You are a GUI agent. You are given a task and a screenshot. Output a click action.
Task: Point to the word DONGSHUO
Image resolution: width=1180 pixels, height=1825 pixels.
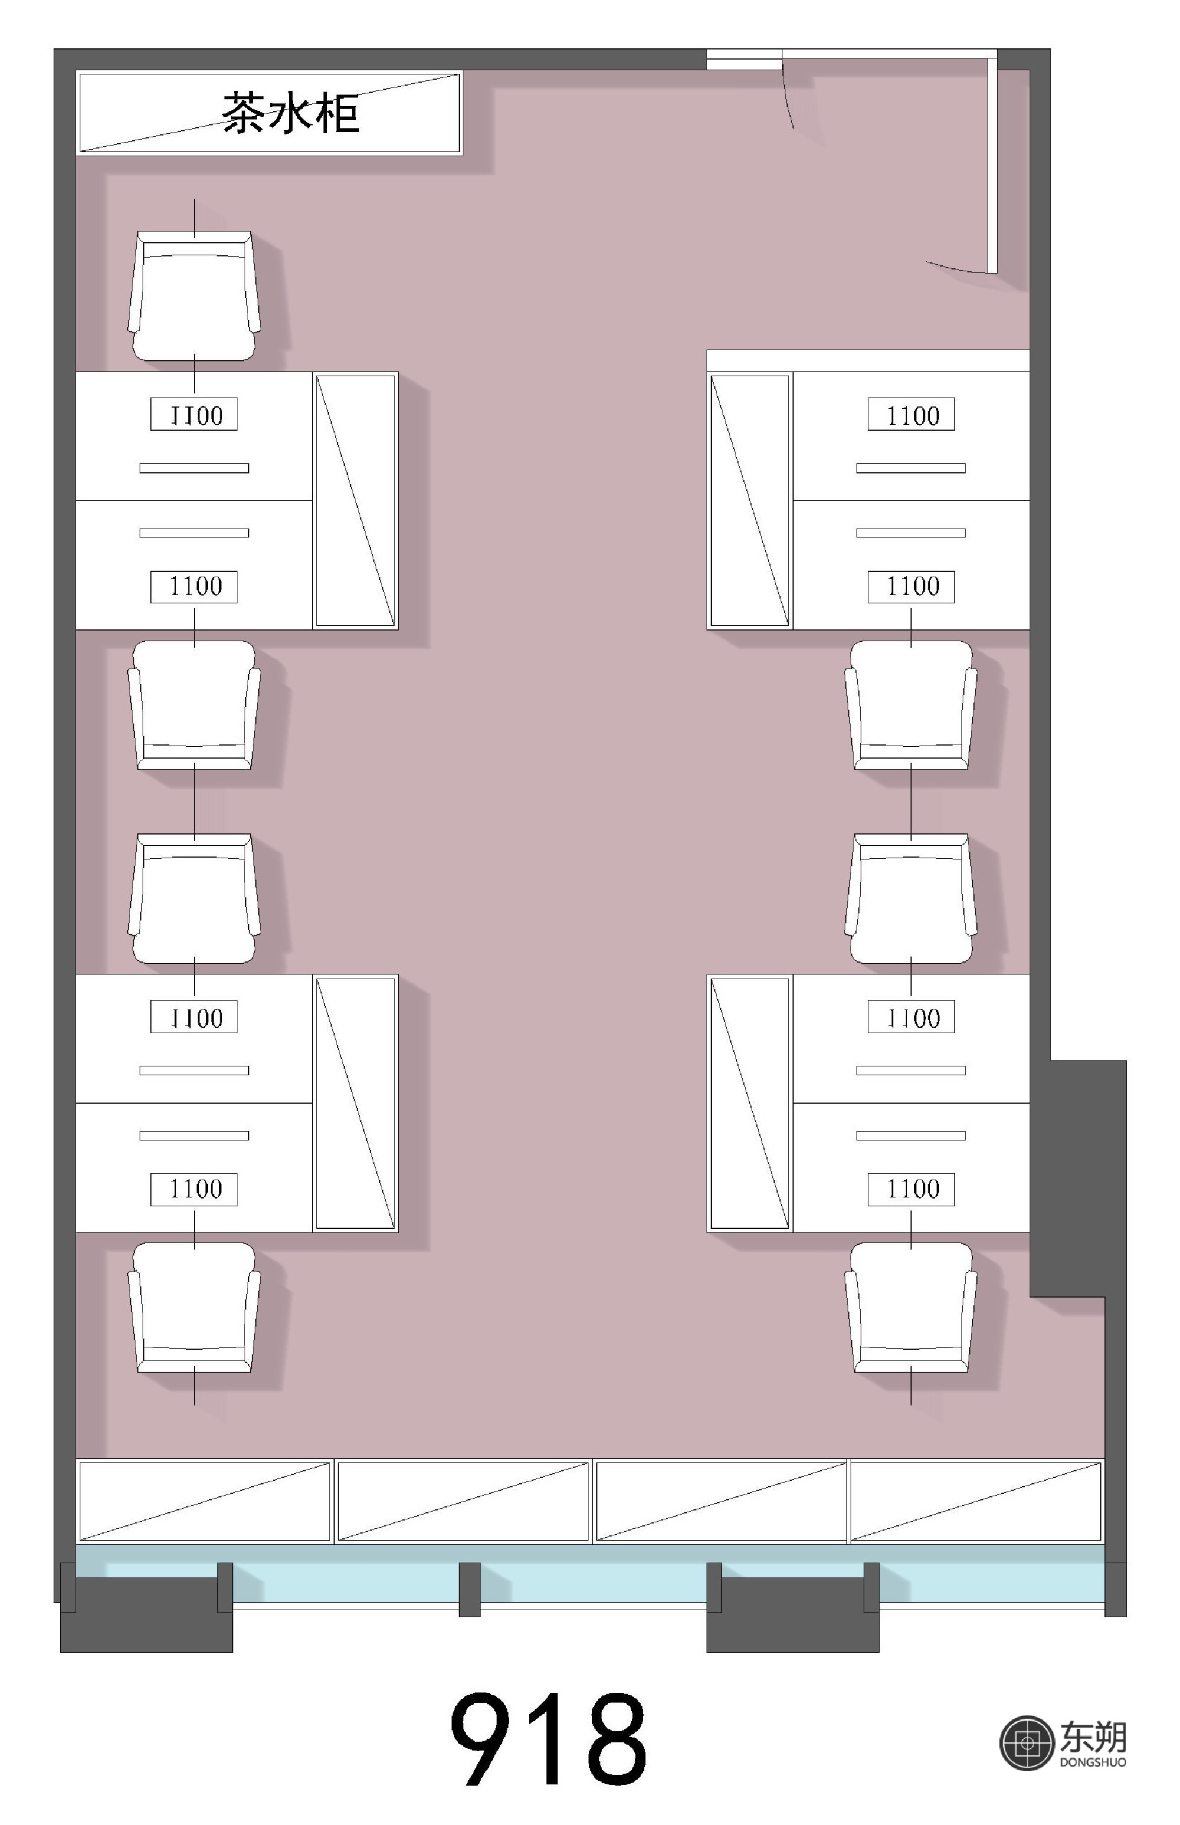pos(1093,1762)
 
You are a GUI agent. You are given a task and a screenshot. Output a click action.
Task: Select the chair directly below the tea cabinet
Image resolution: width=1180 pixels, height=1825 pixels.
pos(194,296)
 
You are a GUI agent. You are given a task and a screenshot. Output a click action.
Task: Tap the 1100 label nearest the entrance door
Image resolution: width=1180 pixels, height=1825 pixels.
pos(911,414)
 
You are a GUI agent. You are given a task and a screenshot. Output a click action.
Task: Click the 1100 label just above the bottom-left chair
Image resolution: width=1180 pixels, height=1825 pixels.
pos(194,1189)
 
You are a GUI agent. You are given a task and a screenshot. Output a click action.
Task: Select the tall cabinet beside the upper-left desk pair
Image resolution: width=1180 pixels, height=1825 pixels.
pos(356,501)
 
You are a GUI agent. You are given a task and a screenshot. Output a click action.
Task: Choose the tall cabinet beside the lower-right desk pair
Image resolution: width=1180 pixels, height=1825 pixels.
pos(749,1104)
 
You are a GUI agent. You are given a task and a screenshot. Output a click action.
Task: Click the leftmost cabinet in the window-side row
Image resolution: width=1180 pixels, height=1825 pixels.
pos(205,1502)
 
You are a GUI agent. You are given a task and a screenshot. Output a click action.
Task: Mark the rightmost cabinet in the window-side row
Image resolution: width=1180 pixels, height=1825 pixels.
pos(976,1502)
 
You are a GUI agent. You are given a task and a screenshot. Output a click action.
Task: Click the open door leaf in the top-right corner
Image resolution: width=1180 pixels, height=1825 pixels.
pos(992,164)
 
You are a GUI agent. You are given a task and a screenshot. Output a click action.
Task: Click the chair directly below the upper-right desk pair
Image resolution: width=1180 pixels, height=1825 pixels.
pos(911,705)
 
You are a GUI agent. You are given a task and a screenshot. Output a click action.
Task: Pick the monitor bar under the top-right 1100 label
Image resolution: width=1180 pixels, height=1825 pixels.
pos(911,468)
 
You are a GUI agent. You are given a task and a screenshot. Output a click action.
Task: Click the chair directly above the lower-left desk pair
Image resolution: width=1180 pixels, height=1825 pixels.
pos(194,898)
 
